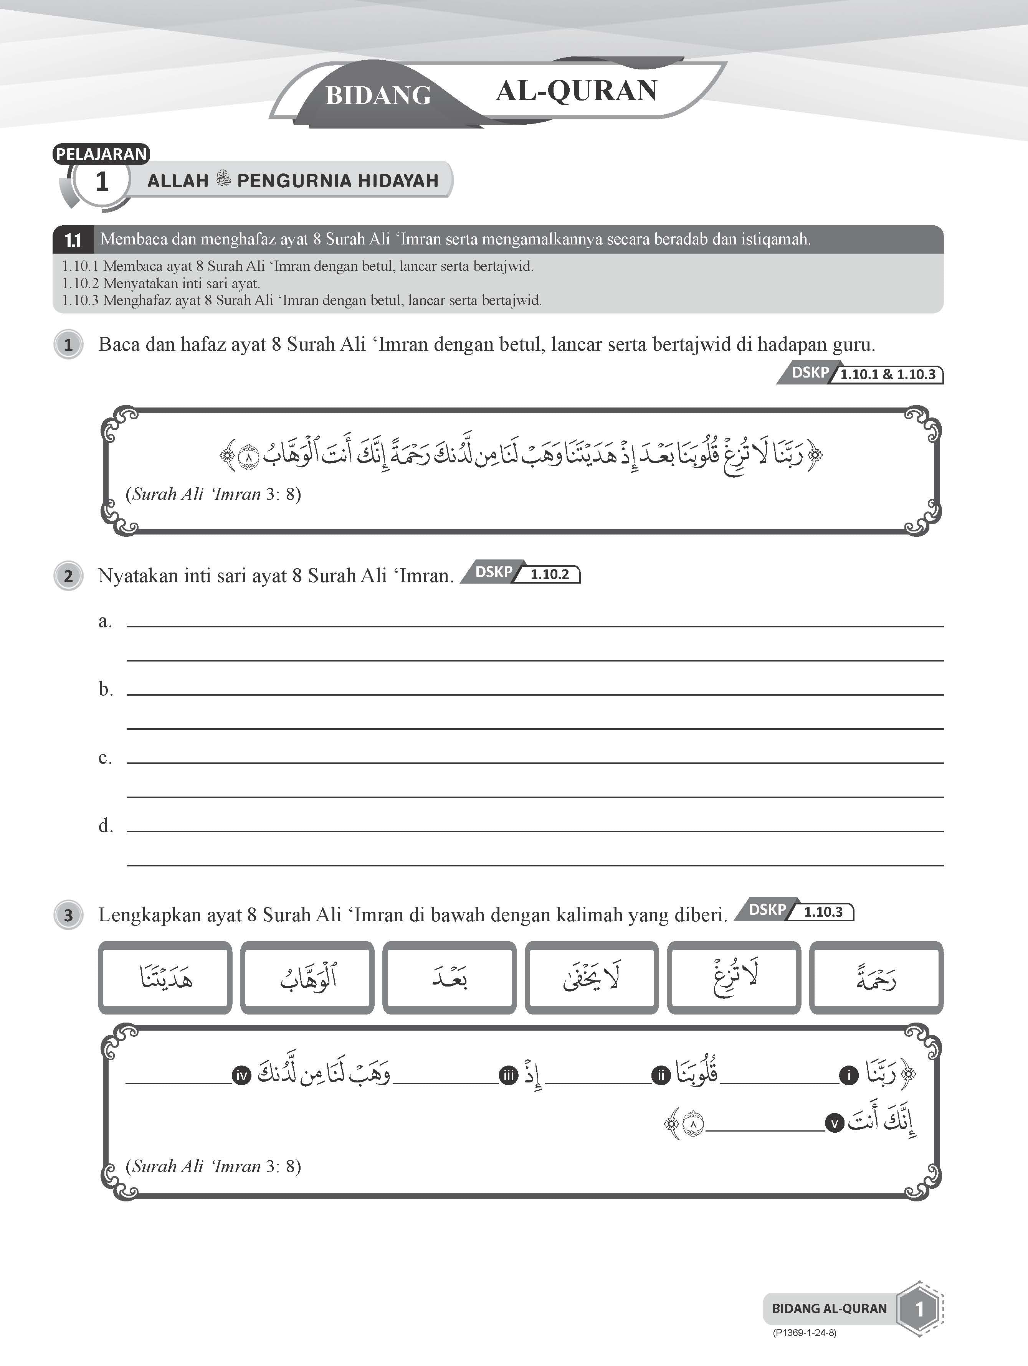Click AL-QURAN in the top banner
[x=577, y=91]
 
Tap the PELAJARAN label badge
[x=101, y=154]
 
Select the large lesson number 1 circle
[x=102, y=181]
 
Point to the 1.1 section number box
[x=73, y=239]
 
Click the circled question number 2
[x=69, y=576]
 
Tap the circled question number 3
[x=69, y=915]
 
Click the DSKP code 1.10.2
[x=549, y=574]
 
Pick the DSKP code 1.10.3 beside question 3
[x=823, y=912]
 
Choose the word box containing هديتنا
[x=165, y=978]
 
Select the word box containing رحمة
[x=876, y=978]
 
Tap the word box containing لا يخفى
[x=592, y=978]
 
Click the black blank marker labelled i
[x=849, y=1076]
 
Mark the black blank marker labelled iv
[x=241, y=1076]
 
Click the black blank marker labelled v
[x=835, y=1123]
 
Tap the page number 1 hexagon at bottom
[x=919, y=1308]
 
